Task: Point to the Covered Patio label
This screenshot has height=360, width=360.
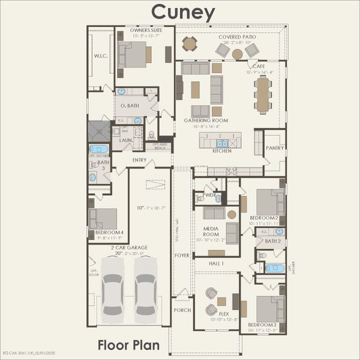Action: click(238, 37)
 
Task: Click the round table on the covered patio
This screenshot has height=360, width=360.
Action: click(190, 43)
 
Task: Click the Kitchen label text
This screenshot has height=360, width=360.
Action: click(221, 151)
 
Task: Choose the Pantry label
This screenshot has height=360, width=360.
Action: click(274, 148)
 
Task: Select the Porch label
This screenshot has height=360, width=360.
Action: click(182, 310)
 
